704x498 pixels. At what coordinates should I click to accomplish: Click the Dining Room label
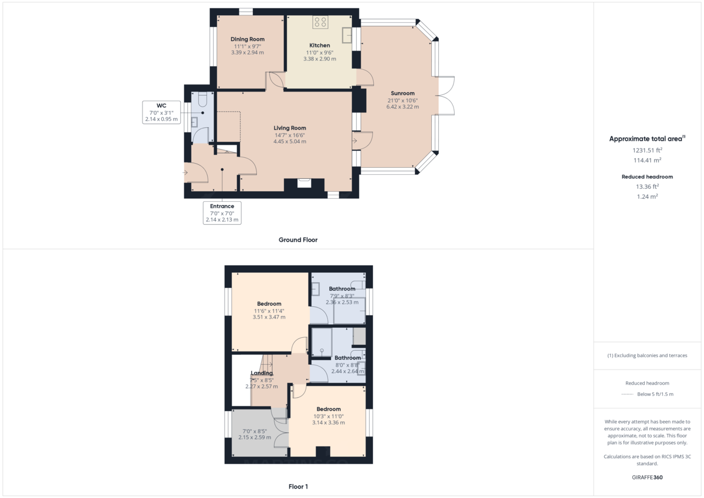[248, 39]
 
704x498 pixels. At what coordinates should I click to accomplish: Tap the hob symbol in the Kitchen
[320, 22]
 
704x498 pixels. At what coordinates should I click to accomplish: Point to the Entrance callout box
[222, 213]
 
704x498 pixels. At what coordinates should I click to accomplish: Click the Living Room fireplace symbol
[304, 183]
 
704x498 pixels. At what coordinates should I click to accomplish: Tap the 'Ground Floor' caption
[298, 239]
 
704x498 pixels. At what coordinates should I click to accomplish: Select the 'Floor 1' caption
[298, 486]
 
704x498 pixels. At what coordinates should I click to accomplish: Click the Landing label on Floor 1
[262, 373]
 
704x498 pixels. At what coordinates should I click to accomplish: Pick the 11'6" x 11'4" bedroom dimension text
[269, 310]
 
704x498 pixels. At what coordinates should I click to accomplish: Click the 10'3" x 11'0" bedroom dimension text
[329, 416]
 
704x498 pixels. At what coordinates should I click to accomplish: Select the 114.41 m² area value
[647, 160]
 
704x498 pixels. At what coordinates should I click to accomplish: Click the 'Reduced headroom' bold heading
[647, 177]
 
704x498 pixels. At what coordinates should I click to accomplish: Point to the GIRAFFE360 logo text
[647, 477]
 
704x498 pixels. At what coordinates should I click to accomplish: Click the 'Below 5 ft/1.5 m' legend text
[655, 394]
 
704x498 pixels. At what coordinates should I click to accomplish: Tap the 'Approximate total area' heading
[645, 139]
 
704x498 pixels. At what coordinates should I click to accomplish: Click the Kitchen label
[320, 45]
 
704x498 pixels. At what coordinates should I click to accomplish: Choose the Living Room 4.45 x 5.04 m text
[290, 141]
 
